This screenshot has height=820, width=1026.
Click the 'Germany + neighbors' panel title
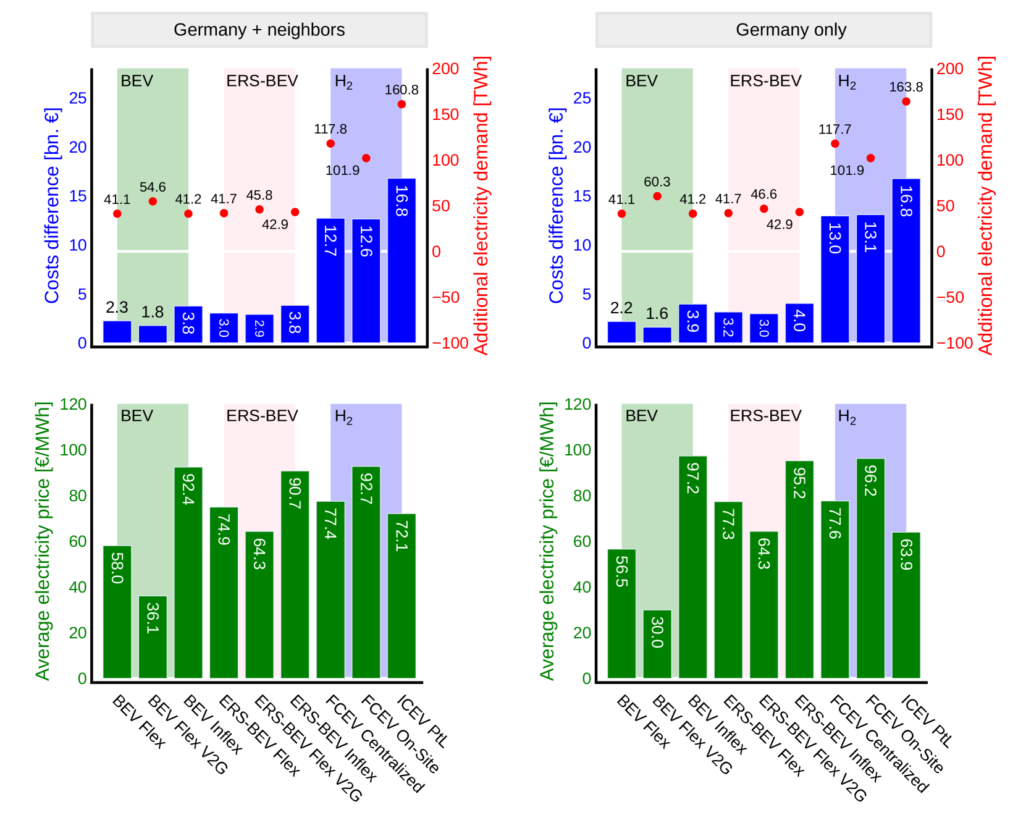259,30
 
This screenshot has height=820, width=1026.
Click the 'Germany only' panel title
791,30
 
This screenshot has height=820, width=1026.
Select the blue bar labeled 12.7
330,280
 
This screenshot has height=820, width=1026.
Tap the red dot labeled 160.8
402,104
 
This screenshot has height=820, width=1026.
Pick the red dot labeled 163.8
906,101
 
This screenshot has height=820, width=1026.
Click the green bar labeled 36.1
153,636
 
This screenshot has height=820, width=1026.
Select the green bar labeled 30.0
657,644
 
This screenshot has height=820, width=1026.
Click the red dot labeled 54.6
153,201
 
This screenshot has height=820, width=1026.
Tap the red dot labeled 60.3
657,197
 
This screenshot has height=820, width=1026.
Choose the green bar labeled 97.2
692,567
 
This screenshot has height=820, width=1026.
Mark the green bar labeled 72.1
402,596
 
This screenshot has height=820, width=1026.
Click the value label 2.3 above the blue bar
117,307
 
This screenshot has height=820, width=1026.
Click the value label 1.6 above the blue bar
657,313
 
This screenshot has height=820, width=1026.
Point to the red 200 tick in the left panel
445,69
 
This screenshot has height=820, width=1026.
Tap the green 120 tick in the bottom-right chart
578,405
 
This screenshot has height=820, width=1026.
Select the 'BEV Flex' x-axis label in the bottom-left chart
140,722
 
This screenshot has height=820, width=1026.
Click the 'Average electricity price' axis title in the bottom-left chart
42,541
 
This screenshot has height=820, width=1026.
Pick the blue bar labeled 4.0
799,323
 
